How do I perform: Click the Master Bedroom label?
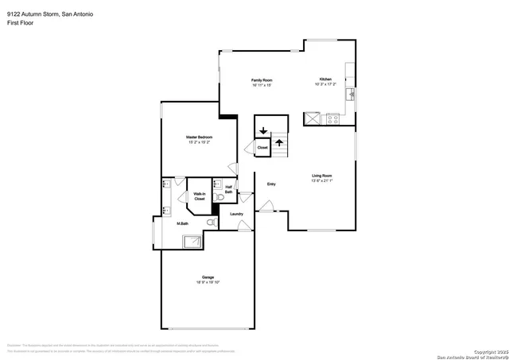click(x=199, y=137)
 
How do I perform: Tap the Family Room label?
click(x=262, y=80)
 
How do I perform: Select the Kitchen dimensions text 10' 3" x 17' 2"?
click(x=325, y=84)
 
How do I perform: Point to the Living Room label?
click(x=321, y=175)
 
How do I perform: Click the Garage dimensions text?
click(x=207, y=282)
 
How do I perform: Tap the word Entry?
click(x=271, y=184)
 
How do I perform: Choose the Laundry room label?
click(x=236, y=214)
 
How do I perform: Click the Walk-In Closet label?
click(x=200, y=195)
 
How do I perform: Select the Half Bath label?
click(x=229, y=189)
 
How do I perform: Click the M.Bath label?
click(x=182, y=224)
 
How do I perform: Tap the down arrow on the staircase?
click(x=263, y=131)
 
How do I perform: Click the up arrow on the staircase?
click(x=279, y=143)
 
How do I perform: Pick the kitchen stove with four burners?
click(x=332, y=119)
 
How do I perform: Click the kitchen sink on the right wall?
click(x=351, y=95)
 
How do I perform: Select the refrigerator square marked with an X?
click(x=313, y=119)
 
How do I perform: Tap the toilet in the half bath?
click(x=218, y=195)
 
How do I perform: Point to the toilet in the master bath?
click(x=210, y=223)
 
